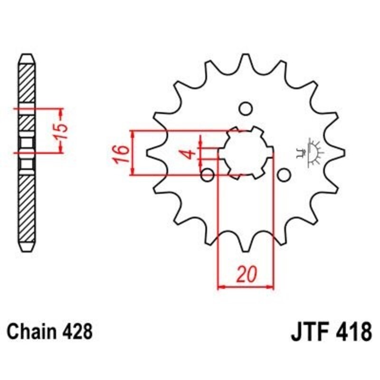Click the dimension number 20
pos(246,275)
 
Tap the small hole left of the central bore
pos(208,175)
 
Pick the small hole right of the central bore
pos(284,175)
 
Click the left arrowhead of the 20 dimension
pos(220,287)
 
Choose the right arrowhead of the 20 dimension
pos(271,287)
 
